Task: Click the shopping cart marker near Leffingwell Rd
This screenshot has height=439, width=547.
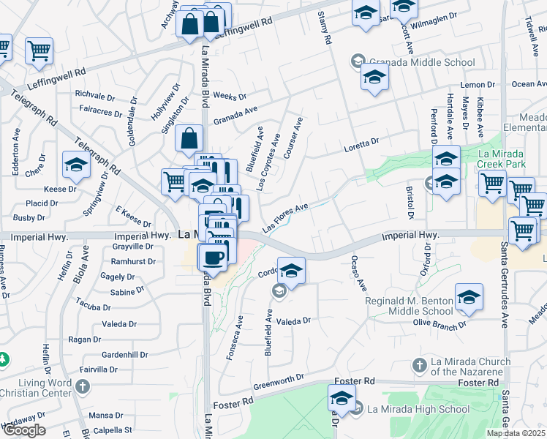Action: coord(39,50)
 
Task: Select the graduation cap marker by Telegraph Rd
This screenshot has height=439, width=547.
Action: coord(76,165)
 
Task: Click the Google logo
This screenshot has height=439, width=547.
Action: coord(23,430)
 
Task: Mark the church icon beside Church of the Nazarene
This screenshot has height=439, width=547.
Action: coord(420,364)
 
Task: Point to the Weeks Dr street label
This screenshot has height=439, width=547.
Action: coord(230,97)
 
